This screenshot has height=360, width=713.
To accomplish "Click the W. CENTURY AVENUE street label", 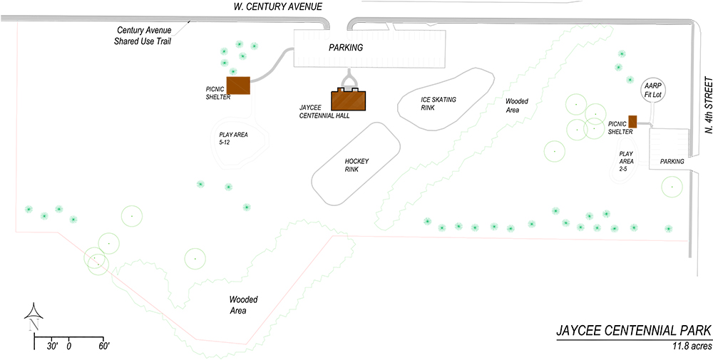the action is point(277,6).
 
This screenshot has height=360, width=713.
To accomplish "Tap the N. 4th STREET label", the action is point(708,105).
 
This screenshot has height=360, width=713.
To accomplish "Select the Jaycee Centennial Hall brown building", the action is point(349,99).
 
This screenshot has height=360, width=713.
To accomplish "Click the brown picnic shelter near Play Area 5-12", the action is point(238,85).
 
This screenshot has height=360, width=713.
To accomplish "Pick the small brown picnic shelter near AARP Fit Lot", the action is point(632,121).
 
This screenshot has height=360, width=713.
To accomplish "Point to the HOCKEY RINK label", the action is point(356,165).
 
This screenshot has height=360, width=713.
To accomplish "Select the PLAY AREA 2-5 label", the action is point(626,160).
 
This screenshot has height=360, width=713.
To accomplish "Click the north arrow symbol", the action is point(33,317).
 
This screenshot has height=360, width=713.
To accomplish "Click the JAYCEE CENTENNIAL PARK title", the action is point(634,330).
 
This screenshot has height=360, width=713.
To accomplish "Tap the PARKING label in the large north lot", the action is point(346,47).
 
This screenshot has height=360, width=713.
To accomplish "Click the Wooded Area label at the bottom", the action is point(244,305).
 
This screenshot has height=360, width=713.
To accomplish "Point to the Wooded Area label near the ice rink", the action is point(515,106).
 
